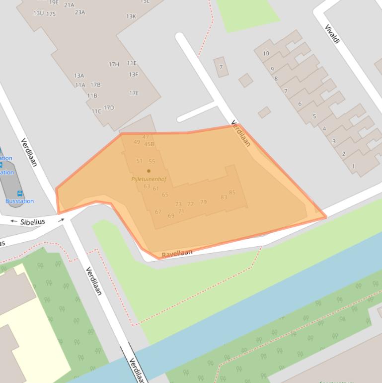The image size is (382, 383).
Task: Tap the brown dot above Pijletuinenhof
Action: pyautogui.click(x=149, y=171)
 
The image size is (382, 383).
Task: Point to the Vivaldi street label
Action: pyautogui.click(x=332, y=34)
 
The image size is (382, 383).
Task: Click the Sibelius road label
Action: pyautogui.click(x=33, y=221)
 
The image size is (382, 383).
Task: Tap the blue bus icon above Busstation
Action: pyautogui.click(x=20, y=193)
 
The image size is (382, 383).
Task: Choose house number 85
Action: pyautogui.click(x=232, y=192)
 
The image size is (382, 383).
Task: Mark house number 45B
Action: pyautogui.click(x=149, y=144)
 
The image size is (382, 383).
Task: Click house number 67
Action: pyautogui.click(x=158, y=212)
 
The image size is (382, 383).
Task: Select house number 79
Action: pyautogui.click(x=203, y=202)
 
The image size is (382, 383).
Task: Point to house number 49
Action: pyautogui.click(x=137, y=142)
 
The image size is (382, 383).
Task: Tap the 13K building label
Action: pyautogui.click(x=131, y=16)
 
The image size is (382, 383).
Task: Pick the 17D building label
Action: pyautogui.click(x=109, y=107)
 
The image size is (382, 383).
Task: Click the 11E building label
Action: pyautogui.click(x=132, y=63)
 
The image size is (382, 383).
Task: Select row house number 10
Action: pyautogui.click(x=266, y=53)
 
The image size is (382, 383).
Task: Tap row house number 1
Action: pyautogui.click(x=353, y=166)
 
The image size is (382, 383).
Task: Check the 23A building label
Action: pyautogui.click(x=80, y=12)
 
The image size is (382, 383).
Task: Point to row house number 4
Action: pyautogui.click(x=324, y=129)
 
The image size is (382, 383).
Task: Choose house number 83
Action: pyautogui.click(x=224, y=197)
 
